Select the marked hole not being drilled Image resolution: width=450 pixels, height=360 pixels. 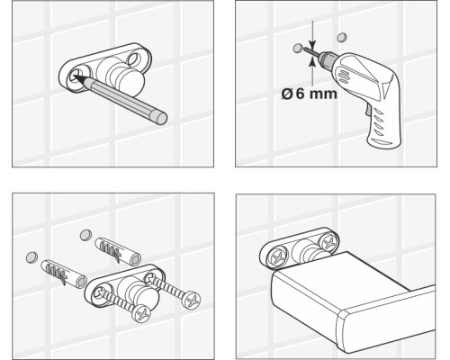tap(342, 38)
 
